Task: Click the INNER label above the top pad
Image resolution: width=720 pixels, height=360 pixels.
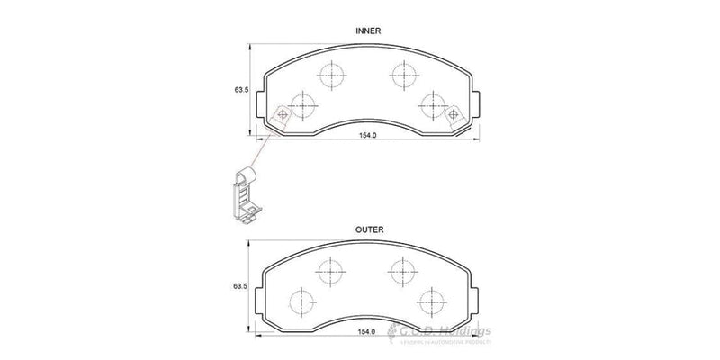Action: (x=369, y=31)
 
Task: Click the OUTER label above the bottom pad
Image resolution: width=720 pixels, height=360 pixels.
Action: (x=369, y=230)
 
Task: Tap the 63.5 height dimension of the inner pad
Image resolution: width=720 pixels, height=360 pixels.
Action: (x=241, y=90)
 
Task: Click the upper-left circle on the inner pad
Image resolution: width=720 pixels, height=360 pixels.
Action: (x=333, y=74)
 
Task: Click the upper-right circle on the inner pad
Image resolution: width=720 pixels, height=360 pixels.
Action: (x=401, y=74)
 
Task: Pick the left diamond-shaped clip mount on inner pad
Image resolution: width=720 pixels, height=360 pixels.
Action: (x=280, y=115)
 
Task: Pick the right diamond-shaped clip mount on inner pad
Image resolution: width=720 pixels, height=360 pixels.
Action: (x=454, y=115)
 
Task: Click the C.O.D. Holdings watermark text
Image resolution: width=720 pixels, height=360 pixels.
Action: (x=445, y=334)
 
